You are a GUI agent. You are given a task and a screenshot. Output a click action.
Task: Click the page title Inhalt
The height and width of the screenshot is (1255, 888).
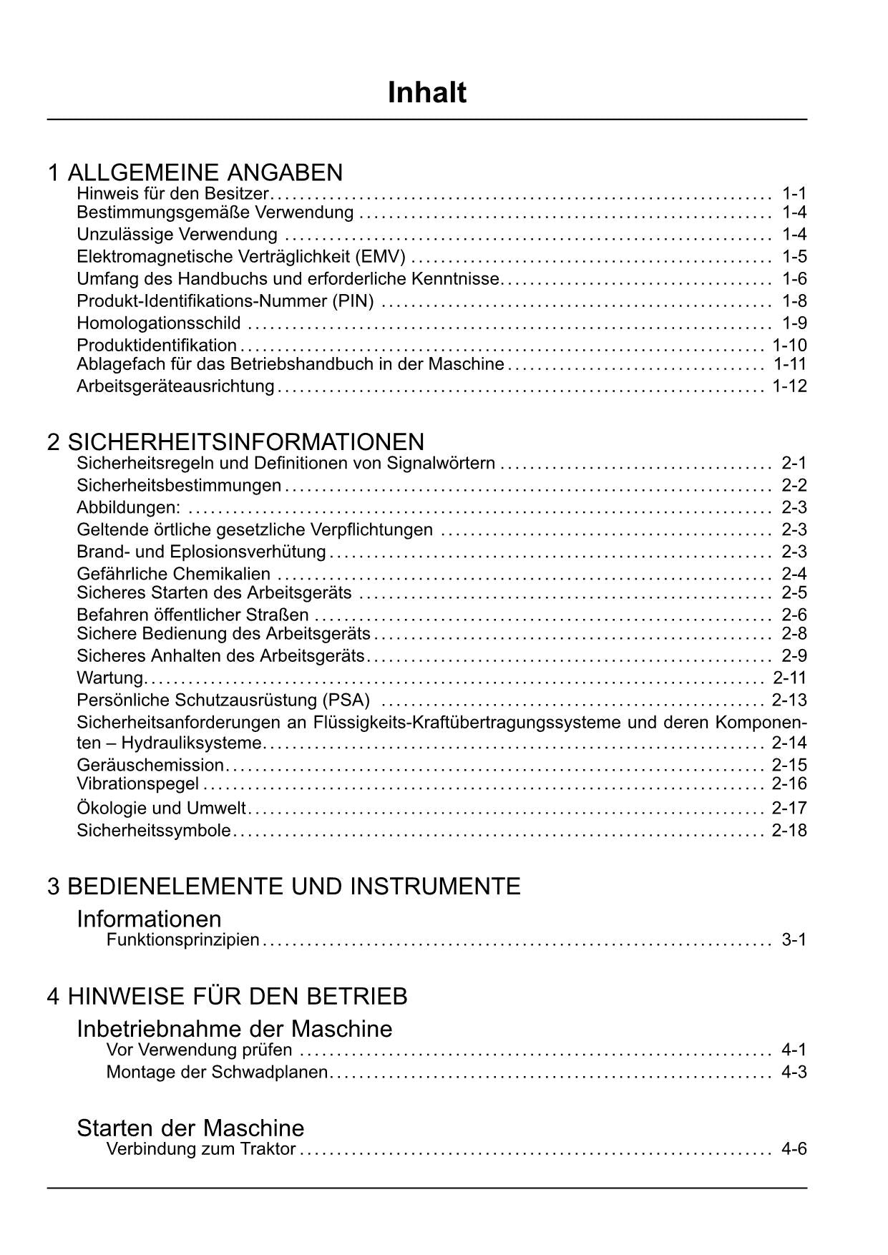[x=426, y=93]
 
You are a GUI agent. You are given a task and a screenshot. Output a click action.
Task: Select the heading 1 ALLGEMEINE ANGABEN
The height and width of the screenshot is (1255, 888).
[x=195, y=172]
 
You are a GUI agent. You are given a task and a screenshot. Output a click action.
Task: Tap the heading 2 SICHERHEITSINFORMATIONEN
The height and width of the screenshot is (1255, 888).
[x=235, y=441]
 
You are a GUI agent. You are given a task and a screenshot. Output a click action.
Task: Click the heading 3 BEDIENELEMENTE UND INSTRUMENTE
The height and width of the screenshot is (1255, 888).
[x=283, y=887]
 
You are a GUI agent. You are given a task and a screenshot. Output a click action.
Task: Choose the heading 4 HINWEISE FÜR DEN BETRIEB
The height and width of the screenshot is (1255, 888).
[x=227, y=996]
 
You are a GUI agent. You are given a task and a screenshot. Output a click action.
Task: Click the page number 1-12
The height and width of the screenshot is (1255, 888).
[x=789, y=386]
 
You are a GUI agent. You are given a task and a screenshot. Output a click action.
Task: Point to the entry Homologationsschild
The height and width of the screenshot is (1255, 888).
[x=159, y=323]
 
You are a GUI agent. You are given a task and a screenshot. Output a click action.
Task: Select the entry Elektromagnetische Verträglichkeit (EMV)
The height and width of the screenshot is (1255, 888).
[x=241, y=257]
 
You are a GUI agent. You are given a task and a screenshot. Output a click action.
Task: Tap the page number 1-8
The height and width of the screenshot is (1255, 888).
[x=794, y=301]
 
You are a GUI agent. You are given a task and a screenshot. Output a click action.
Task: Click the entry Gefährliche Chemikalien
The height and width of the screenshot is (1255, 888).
[x=174, y=574]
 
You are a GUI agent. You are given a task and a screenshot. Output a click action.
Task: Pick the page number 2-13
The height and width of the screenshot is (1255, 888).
[x=789, y=700]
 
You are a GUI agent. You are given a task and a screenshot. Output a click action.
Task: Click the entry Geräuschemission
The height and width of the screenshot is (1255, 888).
[x=150, y=765]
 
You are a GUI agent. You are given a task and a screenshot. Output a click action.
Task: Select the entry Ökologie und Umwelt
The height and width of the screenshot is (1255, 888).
[x=161, y=809]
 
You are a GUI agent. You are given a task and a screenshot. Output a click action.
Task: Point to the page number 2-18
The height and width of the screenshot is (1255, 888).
[x=789, y=831]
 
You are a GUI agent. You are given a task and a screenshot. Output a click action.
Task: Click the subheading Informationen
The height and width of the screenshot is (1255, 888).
[x=149, y=919]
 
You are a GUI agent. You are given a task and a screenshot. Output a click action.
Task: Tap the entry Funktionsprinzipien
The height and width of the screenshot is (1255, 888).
[x=182, y=940]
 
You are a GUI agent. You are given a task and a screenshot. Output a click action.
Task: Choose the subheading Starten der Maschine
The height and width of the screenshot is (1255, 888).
[x=190, y=1128]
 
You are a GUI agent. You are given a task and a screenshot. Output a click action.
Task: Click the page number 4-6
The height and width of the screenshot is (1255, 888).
[x=794, y=1150]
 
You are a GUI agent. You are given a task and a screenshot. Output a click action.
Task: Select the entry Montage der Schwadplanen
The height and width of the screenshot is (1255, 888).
[x=217, y=1073]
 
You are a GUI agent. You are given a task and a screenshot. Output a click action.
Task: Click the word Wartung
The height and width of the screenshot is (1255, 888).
[x=110, y=678]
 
